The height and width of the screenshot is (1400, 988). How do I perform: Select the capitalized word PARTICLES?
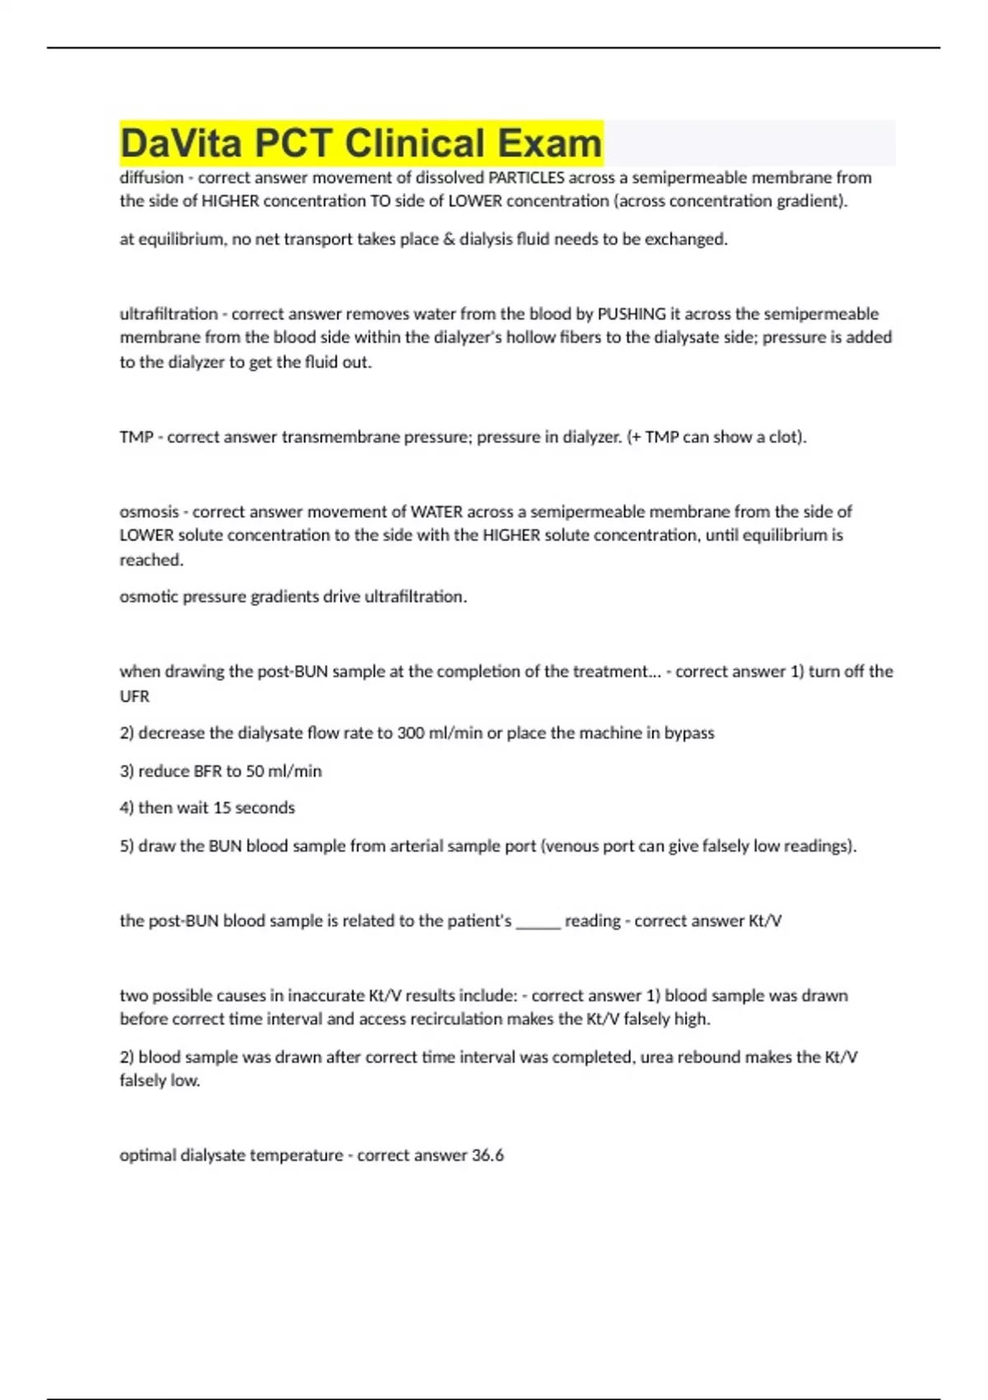[527, 178]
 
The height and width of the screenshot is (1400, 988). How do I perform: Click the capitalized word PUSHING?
[631, 314]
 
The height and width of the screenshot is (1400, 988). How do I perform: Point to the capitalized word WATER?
[437, 511]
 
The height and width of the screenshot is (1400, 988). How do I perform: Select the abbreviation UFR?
[135, 697]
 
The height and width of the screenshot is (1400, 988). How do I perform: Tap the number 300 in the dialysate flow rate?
[411, 733]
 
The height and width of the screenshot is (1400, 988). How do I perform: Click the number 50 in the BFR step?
[255, 772]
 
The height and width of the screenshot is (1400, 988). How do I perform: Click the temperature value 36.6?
[487, 1155]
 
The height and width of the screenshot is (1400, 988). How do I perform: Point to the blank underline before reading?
[538, 922]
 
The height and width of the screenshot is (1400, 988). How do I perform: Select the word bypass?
[689, 733]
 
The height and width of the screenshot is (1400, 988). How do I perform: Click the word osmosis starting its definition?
[149, 511]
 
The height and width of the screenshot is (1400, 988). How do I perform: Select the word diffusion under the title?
[151, 178]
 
